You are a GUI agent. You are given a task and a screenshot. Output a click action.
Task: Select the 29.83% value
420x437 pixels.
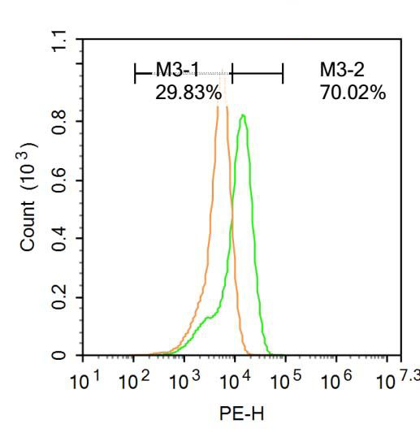pos(188,93)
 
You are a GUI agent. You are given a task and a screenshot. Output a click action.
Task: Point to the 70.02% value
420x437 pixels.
pos(353,93)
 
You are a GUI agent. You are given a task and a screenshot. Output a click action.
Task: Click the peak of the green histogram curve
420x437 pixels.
pos(242,115)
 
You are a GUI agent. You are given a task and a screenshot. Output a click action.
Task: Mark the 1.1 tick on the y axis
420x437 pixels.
pos(56,38)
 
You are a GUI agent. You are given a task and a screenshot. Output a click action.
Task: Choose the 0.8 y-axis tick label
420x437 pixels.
pos(56,122)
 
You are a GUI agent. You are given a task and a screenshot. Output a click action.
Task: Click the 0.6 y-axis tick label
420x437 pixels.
pos(56,180)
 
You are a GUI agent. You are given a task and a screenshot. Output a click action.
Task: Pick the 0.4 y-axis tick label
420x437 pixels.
pos(56,239)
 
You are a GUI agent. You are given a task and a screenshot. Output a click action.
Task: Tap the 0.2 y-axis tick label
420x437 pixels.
pos(56,297)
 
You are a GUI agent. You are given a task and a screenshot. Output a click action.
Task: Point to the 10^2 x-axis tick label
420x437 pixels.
pos(135,379)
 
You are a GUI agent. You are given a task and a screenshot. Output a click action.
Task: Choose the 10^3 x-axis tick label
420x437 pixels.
pos(185,379)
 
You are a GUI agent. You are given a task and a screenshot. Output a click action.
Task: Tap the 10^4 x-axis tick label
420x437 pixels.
pos(236,379)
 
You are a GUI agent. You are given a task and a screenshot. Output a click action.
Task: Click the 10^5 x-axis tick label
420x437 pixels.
pos(286,379)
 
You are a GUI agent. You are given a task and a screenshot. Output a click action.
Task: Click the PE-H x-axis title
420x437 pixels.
pos(241,413)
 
